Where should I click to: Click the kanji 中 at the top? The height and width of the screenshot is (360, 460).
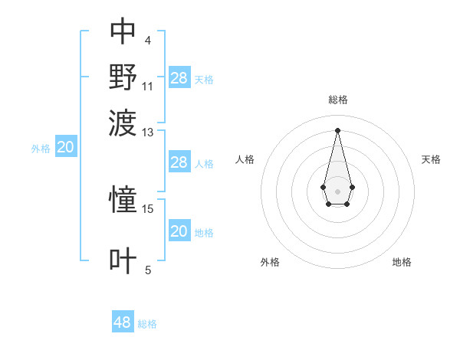pyautogui.click(x=123, y=31)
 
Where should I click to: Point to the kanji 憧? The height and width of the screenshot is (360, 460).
pyautogui.click(x=123, y=200)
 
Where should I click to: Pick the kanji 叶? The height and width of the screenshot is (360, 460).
pyautogui.click(x=123, y=260)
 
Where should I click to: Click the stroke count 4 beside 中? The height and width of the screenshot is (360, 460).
pyautogui.click(x=147, y=40)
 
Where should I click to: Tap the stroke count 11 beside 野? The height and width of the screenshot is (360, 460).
pyautogui.click(x=148, y=86)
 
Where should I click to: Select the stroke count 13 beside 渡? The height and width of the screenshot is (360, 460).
pyautogui.click(x=148, y=133)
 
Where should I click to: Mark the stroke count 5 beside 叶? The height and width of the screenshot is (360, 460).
pyautogui.click(x=148, y=270)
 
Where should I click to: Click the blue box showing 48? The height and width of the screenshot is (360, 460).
pyautogui.click(x=123, y=322)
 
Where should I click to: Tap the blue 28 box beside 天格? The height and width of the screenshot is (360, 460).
pyautogui.click(x=179, y=77)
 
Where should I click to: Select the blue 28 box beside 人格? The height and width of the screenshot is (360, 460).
pyautogui.click(x=179, y=162)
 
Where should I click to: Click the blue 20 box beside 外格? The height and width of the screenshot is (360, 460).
pyautogui.click(x=65, y=148)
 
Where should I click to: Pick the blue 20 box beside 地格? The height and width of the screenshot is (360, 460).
pyautogui.click(x=179, y=231)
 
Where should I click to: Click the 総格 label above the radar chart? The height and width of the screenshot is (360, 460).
pyautogui.click(x=338, y=100)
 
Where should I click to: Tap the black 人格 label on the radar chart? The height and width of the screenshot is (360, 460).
pyautogui.click(x=245, y=159)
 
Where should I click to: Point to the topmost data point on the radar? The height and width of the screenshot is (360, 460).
pyautogui.click(x=337, y=129)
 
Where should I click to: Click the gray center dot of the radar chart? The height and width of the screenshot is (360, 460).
pyautogui.click(x=337, y=190)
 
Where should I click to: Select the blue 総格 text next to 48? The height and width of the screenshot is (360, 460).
pyautogui.click(x=147, y=324)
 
